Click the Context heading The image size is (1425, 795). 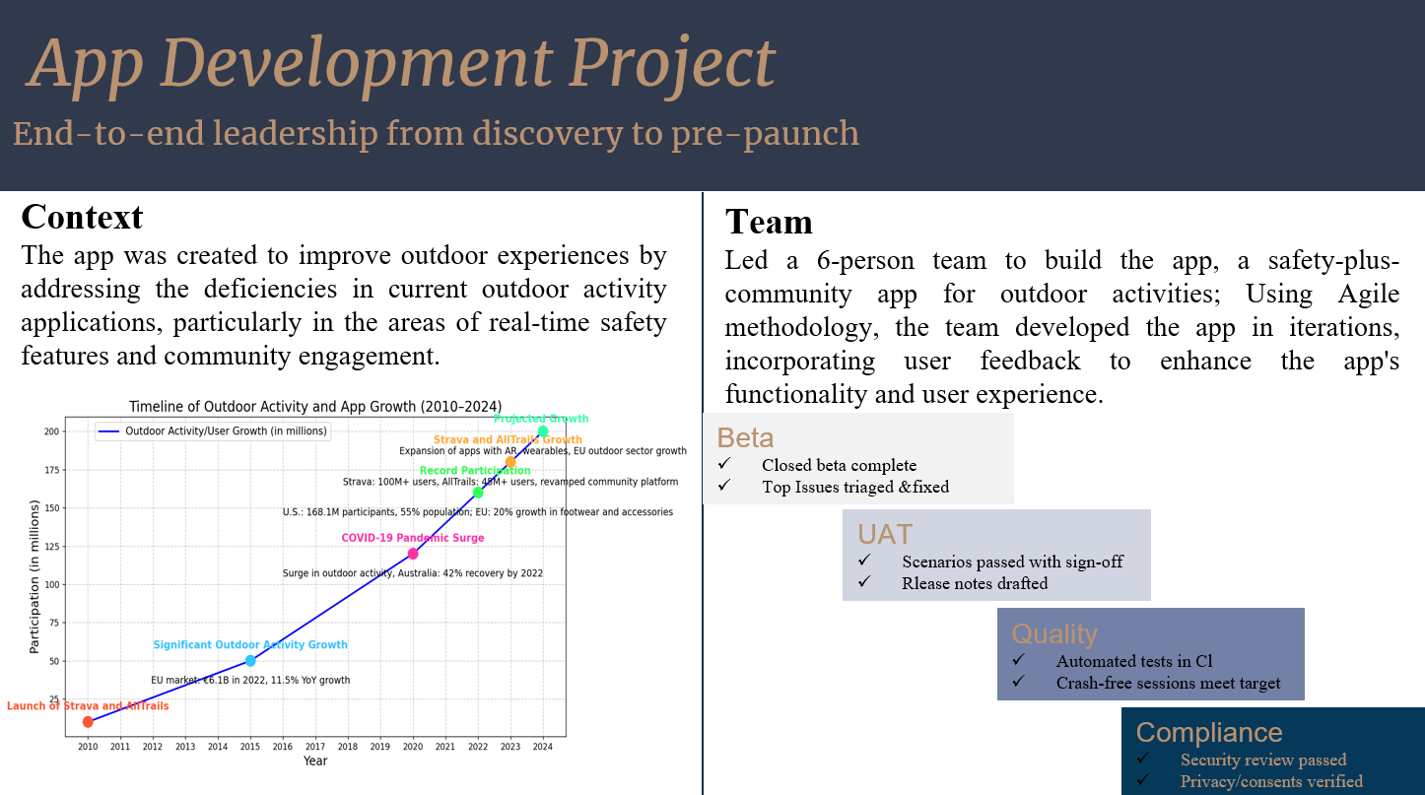[82, 217]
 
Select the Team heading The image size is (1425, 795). [769, 222]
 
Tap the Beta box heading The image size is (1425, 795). [745, 437]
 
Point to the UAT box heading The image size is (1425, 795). [884, 534]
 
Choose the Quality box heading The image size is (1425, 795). [1053, 633]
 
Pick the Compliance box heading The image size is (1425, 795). [1208, 732]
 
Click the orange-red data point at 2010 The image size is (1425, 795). [88, 722]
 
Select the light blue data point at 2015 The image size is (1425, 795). [250, 660]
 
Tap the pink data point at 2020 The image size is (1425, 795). [413, 554]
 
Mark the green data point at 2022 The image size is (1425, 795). [478, 492]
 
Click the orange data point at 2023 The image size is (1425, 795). [510, 462]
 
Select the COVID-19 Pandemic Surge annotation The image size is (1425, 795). [412, 538]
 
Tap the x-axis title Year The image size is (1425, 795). [315, 762]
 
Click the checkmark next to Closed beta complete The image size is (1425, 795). [724, 464]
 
